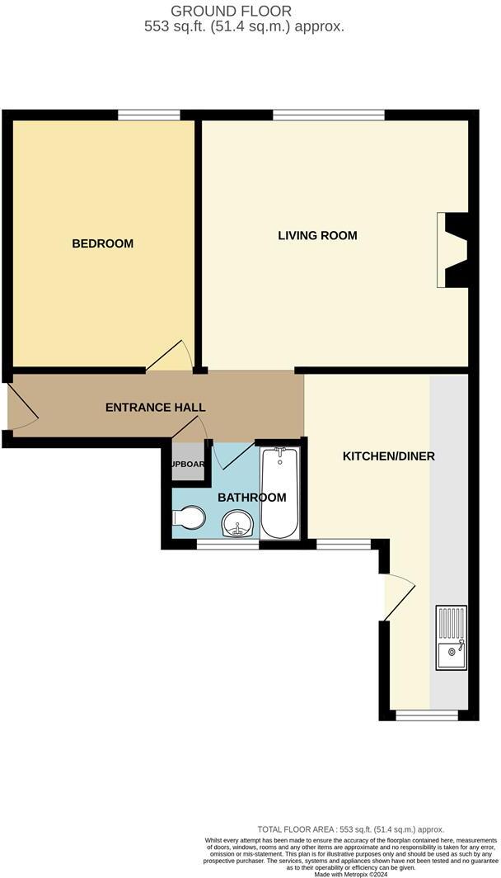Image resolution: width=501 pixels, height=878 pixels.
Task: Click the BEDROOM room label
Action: click(x=103, y=243)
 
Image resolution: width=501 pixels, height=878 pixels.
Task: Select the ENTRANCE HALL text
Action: click(x=156, y=408)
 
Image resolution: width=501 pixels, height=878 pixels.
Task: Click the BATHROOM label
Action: click(x=251, y=498)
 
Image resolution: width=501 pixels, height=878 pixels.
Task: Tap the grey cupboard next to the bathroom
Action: click(x=187, y=464)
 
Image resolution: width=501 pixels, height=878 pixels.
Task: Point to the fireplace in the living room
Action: click(x=453, y=248)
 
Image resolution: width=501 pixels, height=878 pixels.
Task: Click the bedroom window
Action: click(x=149, y=116)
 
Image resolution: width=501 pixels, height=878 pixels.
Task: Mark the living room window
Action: click(x=328, y=116)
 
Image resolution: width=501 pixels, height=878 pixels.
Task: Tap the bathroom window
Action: click(x=227, y=544)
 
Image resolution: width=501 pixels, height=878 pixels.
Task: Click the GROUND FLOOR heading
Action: click(x=231, y=11)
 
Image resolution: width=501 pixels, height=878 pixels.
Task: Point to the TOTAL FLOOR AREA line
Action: click(x=350, y=829)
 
